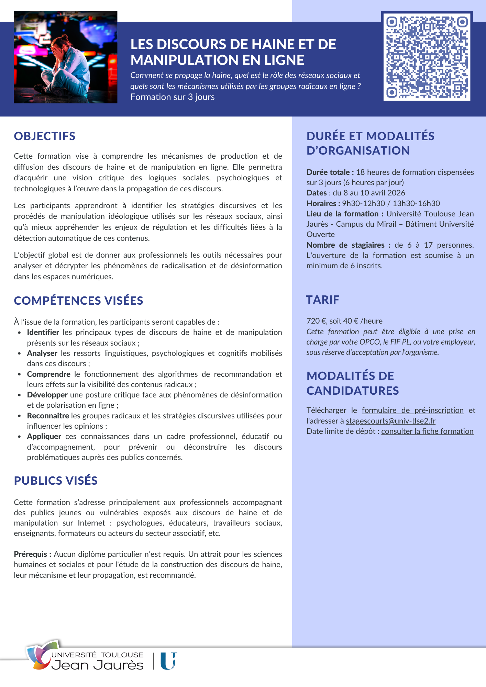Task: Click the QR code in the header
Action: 427,57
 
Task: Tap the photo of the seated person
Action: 65,57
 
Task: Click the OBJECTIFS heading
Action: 45,136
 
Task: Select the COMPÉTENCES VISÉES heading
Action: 78,301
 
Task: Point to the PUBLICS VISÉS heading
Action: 56,481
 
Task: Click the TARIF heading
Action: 322,300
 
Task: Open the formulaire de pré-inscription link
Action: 412,410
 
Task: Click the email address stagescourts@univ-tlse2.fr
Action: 390,421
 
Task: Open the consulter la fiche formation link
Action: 427,431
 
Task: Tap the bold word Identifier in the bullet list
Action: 43,332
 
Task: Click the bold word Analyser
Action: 42,353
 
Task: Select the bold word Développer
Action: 47,395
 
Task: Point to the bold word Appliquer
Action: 44,436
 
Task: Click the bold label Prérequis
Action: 32,554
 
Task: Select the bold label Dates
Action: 317,193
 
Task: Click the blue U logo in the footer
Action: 168,661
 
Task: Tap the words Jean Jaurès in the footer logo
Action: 97,665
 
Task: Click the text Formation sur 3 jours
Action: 173,97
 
